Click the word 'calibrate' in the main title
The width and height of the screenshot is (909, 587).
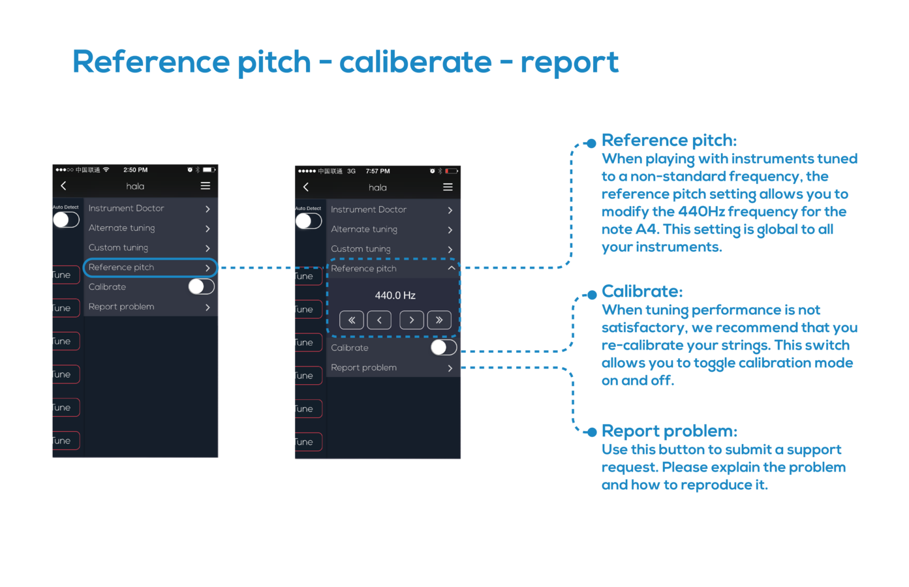(415, 63)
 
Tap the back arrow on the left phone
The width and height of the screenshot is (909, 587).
(63, 186)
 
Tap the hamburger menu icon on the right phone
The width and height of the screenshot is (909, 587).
(448, 187)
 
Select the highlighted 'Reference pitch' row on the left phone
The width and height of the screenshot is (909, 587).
(149, 267)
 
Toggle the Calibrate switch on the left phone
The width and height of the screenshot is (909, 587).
(201, 286)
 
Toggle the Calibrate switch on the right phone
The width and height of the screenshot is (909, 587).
(444, 348)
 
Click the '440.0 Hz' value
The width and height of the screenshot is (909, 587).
(395, 295)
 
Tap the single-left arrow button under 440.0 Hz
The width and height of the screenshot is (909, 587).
(379, 320)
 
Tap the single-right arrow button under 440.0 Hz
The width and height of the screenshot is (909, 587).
(412, 320)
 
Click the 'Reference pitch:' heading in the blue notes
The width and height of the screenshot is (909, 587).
(669, 140)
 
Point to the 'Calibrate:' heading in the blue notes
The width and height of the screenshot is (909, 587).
(641, 291)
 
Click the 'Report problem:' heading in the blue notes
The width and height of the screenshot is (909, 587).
(669, 431)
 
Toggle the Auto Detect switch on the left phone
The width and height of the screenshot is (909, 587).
(66, 220)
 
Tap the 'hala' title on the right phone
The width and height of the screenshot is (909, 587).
(378, 188)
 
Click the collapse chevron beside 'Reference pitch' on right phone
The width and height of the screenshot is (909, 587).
(451, 268)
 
